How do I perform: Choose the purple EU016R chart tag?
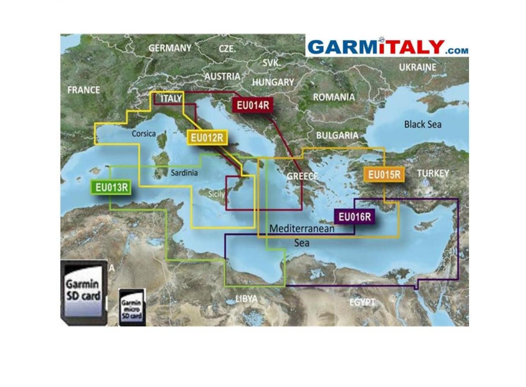click(x=354, y=217)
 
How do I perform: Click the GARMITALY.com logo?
click(x=388, y=47)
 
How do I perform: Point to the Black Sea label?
click(x=422, y=124)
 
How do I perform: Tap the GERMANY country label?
click(x=170, y=48)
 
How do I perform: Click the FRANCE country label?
click(x=84, y=90)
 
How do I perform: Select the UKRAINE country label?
click(x=417, y=67)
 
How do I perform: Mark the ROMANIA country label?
click(x=334, y=97)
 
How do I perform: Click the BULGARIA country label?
click(x=337, y=135)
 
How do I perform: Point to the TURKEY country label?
click(x=433, y=173)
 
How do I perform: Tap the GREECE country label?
click(x=302, y=176)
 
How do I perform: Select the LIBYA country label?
click(x=246, y=299)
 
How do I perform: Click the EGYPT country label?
click(x=363, y=302)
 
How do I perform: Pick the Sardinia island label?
click(x=184, y=173)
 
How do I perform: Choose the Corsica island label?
click(x=144, y=134)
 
